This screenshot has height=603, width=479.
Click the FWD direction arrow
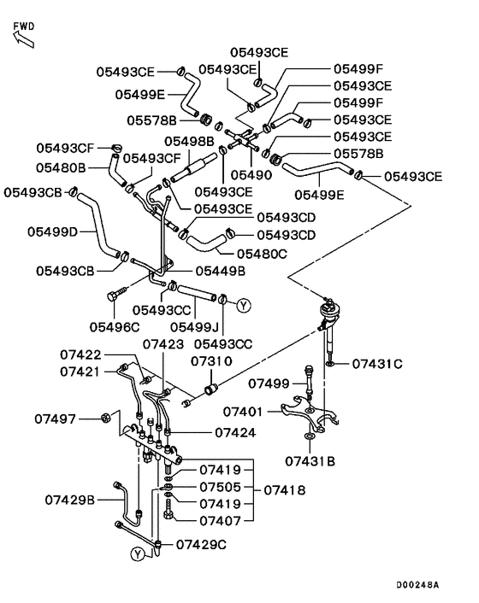[23, 39]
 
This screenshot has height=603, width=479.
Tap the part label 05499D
[53, 232]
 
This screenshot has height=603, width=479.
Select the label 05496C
[115, 327]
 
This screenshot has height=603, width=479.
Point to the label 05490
[251, 175]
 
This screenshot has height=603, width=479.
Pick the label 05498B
[189, 141]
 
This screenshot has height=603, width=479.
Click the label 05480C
[262, 254]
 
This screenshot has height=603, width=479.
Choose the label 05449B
[220, 271]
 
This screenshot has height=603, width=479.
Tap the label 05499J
[194, 327]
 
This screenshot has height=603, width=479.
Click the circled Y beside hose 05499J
[244, 306]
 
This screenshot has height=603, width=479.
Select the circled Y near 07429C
[138, 554]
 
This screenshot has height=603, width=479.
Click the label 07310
[212, 361]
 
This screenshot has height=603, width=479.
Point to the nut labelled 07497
[105, 418]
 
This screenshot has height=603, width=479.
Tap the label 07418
[285, 490]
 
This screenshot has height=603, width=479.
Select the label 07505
[220, 487]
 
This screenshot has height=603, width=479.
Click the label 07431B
[310, 460]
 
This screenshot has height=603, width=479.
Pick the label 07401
[244, 412]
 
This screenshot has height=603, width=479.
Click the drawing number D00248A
[417, 584]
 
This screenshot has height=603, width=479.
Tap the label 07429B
[69, 500]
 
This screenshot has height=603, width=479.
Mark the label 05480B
[61, 167]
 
